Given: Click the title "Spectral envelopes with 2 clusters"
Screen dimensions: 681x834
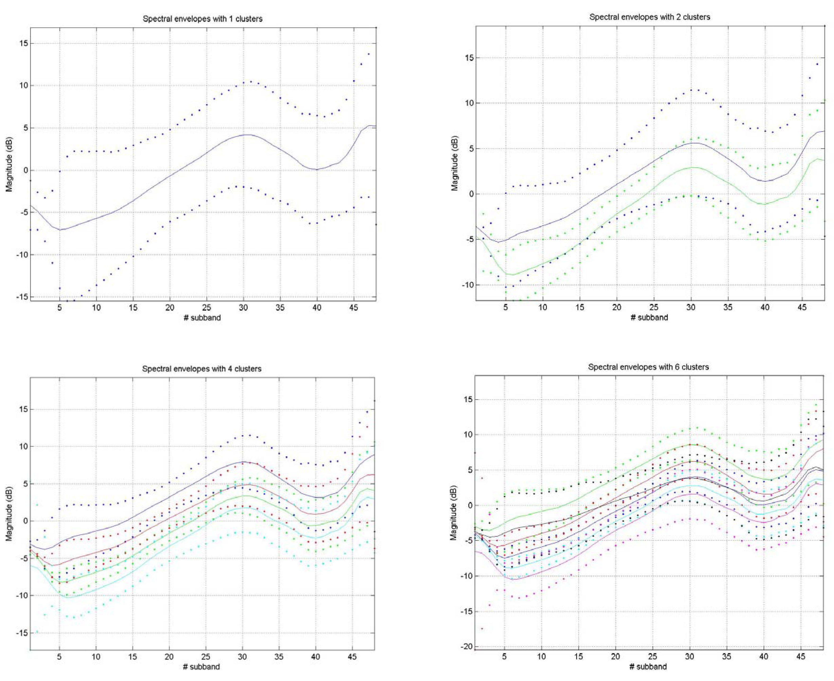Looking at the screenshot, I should (x=650, y=17).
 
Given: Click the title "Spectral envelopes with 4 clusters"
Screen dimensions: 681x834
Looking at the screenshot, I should (x=202, y=369).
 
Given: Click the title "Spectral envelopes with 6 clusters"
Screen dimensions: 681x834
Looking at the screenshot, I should (x=649, y=367).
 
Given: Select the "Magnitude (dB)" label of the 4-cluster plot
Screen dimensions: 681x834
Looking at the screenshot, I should (x=9, y=514).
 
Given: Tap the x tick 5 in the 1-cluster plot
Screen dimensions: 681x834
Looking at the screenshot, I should (x=60, y=308).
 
